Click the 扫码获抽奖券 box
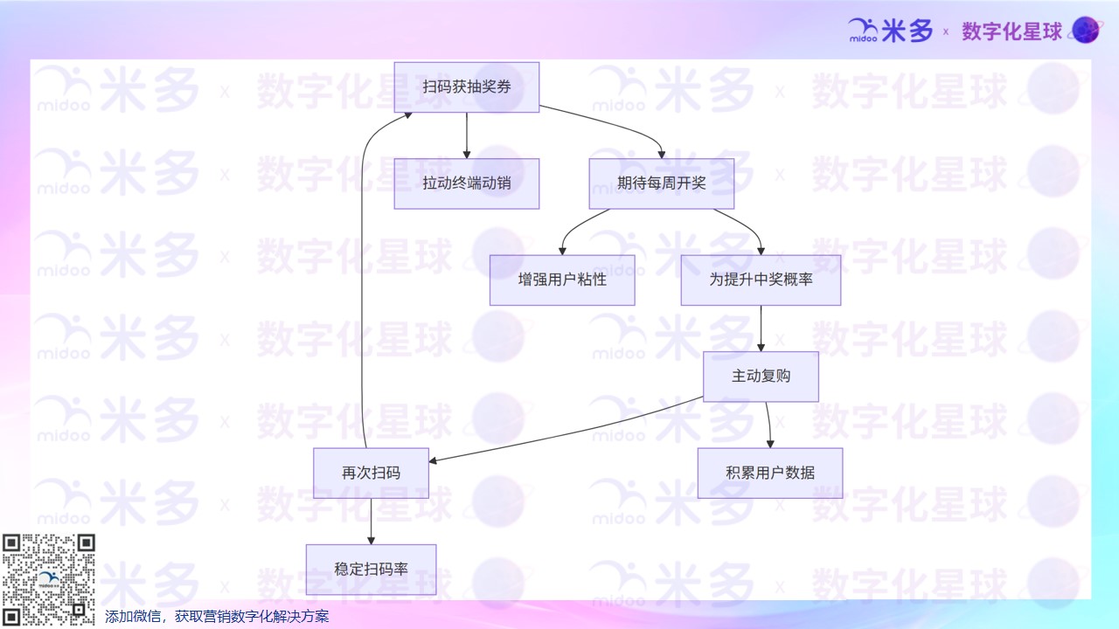(466, 87)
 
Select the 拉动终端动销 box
(466, 183)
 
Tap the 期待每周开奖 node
(661, 183)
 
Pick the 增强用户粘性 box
(562, 280)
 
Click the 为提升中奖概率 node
(761, 280)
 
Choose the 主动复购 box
(761, 377)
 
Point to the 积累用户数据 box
(769, 473)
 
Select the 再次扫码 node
(371, 473)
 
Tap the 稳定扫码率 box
(371, 570)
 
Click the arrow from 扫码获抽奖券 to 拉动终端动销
(466, 135)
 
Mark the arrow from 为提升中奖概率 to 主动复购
(761, 328)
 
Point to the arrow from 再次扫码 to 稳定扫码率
(371, 522)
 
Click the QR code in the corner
(48, 579)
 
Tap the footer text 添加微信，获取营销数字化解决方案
(217, 617)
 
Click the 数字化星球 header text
(1011, 31)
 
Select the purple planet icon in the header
(1086, 31)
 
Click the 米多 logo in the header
(891, 31)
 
